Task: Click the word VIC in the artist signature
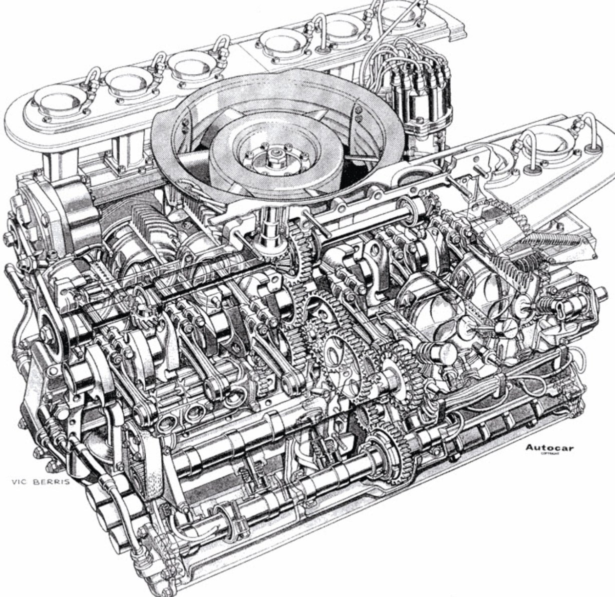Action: pyautogui.click(x=21, y=482)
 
